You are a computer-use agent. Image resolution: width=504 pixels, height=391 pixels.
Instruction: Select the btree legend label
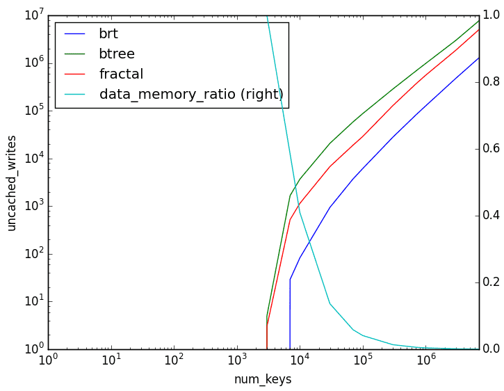pos(117,54)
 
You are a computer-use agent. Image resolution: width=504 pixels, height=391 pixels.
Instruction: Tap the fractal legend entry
pos(121,74)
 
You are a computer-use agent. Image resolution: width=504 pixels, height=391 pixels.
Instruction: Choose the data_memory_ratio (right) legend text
pos(191,94)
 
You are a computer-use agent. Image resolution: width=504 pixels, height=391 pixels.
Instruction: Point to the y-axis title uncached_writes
pos(12,182)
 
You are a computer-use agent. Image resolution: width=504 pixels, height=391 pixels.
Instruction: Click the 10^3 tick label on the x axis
pos(237,360)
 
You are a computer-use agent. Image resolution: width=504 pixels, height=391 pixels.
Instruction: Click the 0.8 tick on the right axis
pos(491,82)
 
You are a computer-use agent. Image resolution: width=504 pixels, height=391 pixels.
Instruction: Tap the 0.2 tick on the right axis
pos(491,282)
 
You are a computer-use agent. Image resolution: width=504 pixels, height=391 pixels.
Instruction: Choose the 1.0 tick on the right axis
pos(491,15)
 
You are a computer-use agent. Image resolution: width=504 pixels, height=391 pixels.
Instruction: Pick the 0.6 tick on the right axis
pos(491,149)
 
